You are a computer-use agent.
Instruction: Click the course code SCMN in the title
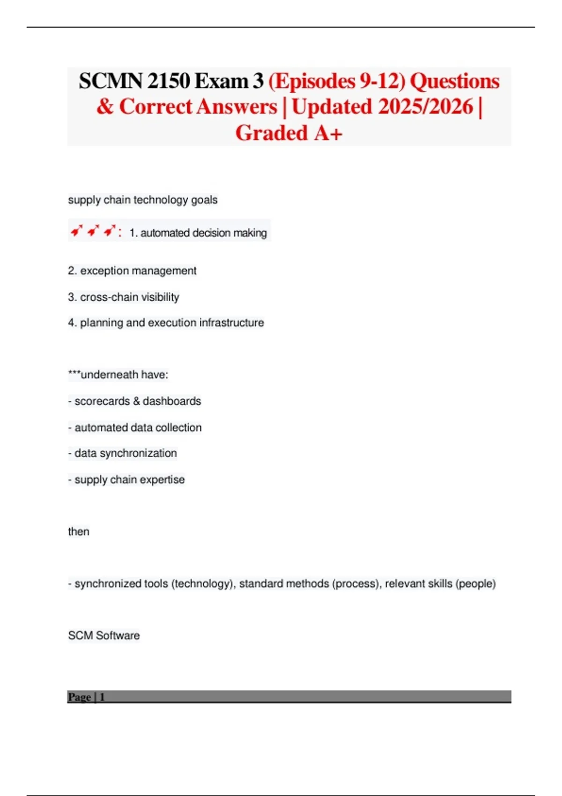(110, 81)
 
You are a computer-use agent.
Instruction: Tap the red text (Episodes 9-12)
(336, 81)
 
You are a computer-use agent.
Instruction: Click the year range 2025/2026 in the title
(425, 107)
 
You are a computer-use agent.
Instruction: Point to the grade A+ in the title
(328, 133)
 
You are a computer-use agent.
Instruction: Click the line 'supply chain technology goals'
(142, 200)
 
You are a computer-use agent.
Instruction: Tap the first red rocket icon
(76, 231)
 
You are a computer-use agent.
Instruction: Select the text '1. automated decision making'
(198, 233)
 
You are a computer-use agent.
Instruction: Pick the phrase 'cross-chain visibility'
(130, 297)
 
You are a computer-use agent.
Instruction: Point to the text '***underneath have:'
(118, 375)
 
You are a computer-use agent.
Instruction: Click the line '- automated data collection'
(135, 427)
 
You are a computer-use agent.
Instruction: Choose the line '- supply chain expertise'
(126, 479)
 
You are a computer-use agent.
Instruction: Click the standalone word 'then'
(79, 531)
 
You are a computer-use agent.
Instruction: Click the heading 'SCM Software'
(104, 635)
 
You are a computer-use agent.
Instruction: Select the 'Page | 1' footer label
(86, 697)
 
